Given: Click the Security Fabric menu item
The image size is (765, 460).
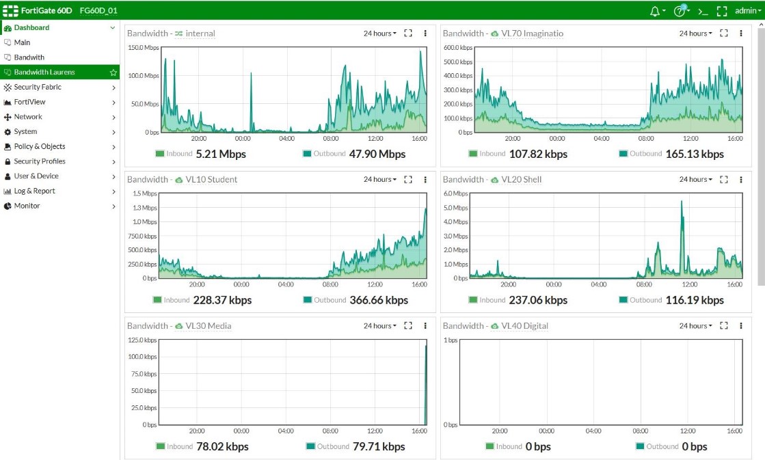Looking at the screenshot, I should tap(38, 87).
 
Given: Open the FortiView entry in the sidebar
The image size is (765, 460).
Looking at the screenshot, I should tap(29, 102).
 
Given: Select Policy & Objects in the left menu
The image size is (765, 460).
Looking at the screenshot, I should tap(40, 146).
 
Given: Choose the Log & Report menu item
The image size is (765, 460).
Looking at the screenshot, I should tap(34, 191).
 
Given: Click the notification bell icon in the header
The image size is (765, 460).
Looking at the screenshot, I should tap(655, 10).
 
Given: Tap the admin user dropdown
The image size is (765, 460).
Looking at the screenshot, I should tap(747, 10).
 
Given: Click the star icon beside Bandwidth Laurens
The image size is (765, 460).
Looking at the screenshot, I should tap(113, 72).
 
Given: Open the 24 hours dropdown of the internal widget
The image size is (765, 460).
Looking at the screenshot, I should tap(379, 33).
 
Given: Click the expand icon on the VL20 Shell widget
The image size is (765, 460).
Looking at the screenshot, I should tap(723, 180).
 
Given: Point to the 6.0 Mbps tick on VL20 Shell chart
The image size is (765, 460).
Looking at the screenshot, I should tap(457, 193).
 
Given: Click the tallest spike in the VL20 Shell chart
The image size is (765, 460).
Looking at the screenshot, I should tap(682, 202).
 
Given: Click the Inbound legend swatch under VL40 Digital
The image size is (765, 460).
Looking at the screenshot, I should tap(489, 446).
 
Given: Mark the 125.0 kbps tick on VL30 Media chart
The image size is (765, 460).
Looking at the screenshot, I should tap(142, 340).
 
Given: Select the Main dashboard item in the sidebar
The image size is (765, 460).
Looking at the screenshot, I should tap(22, 42).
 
